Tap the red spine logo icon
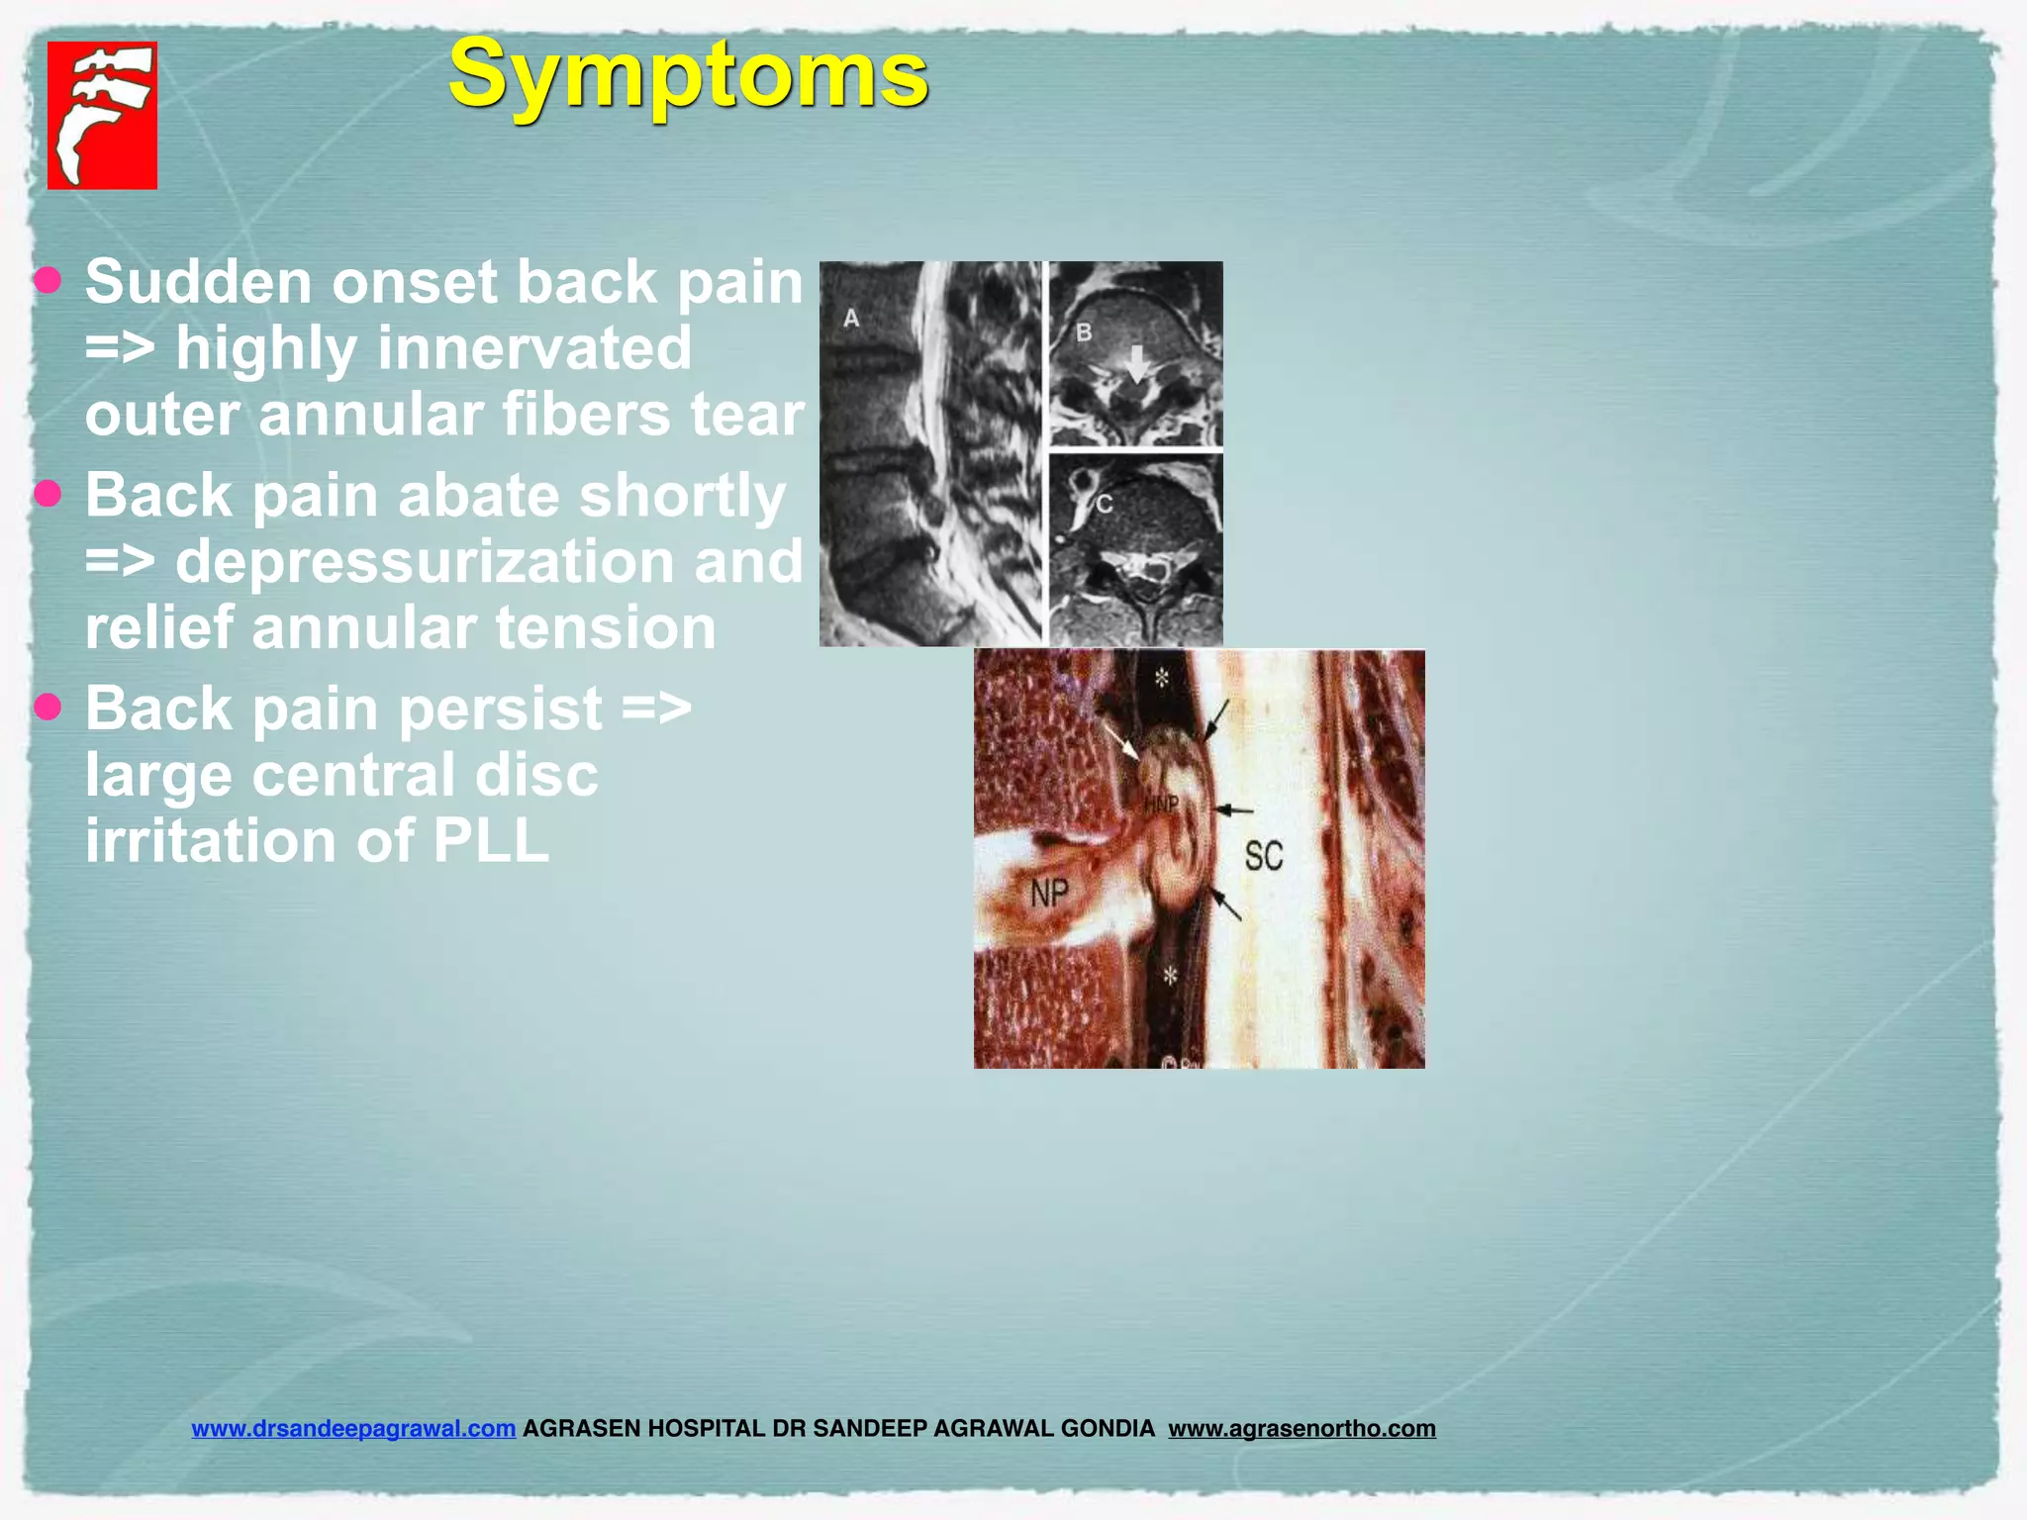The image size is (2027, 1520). click(x=102, y=115)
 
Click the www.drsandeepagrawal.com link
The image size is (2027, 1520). click(x=353, y=1428)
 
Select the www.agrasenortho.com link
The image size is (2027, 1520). click(x=1302, y=1428)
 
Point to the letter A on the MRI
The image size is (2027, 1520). click(x=851, y=318)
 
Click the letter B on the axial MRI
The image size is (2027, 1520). click(x=1084, y=332)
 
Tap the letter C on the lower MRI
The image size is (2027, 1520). click(x=1105, y=504)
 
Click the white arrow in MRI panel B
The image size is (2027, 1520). click(x=1137, y=363)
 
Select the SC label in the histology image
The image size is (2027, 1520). click(x=1264, y=856)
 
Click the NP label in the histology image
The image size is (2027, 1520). click(x=1049, y=894)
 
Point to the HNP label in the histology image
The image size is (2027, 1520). click(x=1161, y=804)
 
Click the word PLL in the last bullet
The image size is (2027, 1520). click(x=491, y=841)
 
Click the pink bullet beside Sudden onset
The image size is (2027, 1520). click(x=48, y=280)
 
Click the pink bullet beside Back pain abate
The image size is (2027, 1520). click(x=48, y=493)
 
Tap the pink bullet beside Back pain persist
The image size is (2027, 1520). click(x=48, y=707)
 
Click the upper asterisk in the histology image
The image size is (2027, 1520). click(x=1162, y=678)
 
